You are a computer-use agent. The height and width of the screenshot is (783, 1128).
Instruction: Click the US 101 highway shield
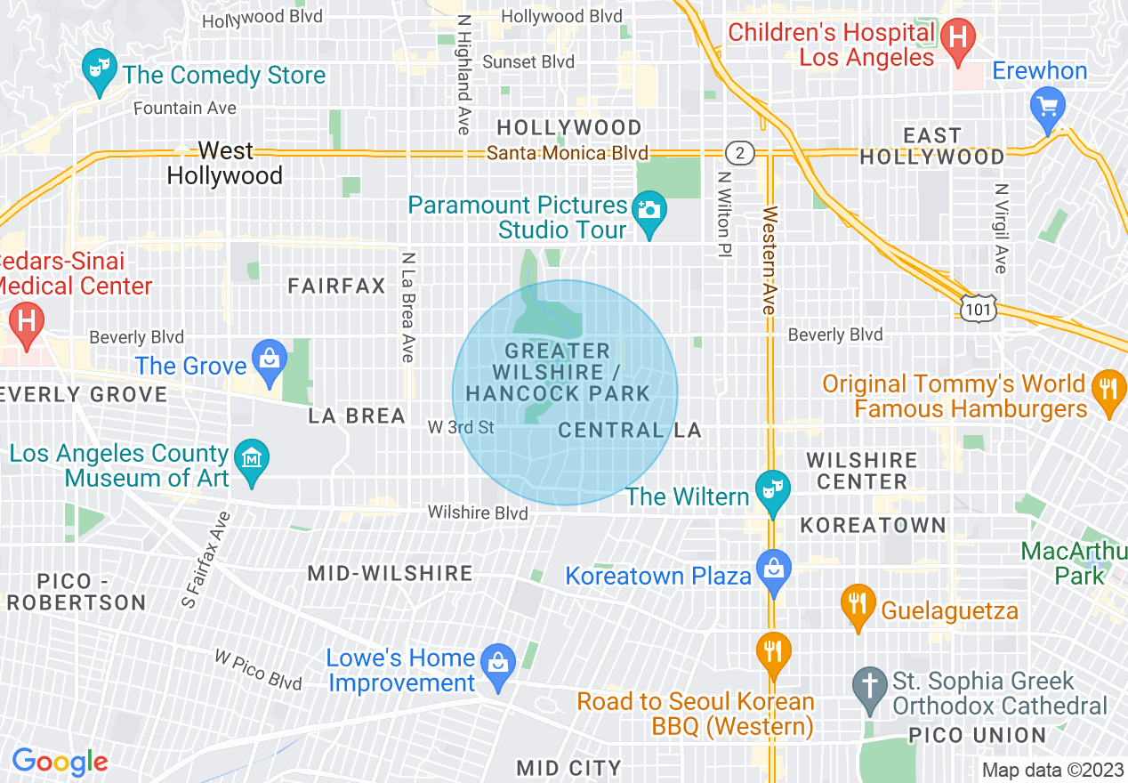(x=978, y=308)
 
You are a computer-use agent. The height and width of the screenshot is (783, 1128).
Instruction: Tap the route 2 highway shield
(x=739, y=153)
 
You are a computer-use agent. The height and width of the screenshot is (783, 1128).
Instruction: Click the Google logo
(x=60, y=762)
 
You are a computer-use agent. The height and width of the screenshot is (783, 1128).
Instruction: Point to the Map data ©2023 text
(x=1053, y=770)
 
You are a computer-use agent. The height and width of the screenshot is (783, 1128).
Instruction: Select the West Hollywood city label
(x=225, y=163)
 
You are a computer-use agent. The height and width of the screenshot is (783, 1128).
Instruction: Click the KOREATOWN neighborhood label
(x=873, y=525)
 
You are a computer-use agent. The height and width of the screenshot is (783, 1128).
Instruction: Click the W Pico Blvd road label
(x=259, y=669)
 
